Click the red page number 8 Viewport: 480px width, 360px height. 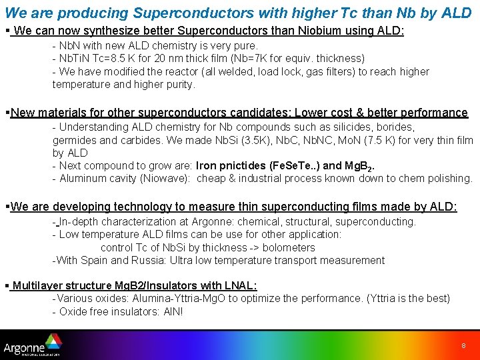[463, 346]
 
